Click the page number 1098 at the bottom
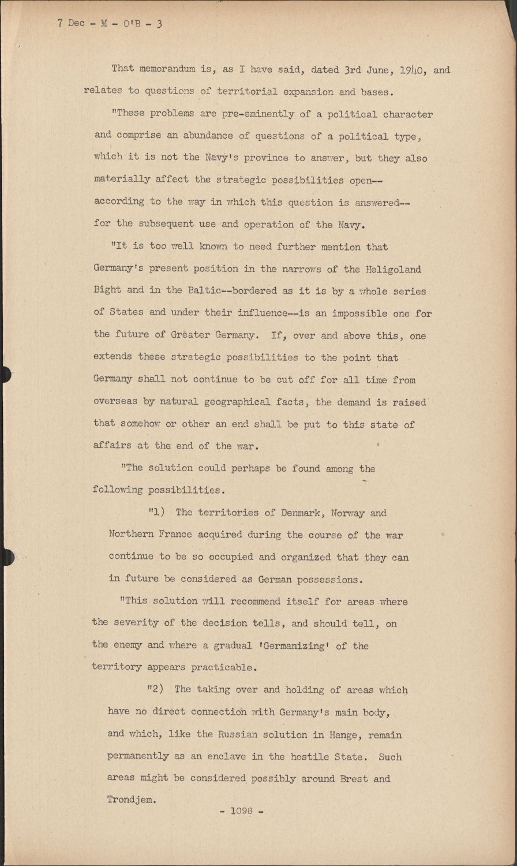241,811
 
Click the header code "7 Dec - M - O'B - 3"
110,24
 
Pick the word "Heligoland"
393,269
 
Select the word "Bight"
107,290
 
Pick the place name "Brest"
351,778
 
